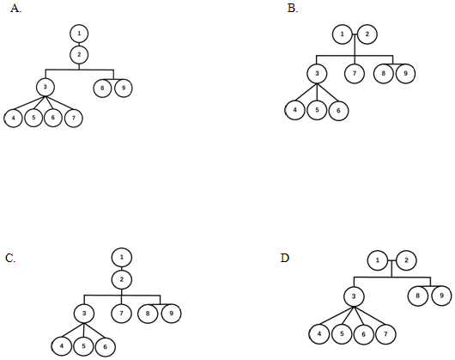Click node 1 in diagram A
click(79, 34)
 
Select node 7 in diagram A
click(74, 118)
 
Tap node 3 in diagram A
click(45, 87)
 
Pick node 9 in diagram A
click(124, 88)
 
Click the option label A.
click(15, 9)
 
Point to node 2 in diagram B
click(367, 34)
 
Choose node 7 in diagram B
click(355, 73)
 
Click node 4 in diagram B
click(294, 110)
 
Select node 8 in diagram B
click(384, 73)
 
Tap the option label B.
click(293, 9)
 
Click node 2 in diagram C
click(122, 279)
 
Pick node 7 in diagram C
click(121, 314)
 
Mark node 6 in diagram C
click(105, 346)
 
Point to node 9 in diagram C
click(171, 314)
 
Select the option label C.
click(10, 258)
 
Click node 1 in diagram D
click(377, 260)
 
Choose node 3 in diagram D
click(354, 296)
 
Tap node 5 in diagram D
click(342, 334)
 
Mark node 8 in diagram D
click(417, 296)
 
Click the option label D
click(285, 258)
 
